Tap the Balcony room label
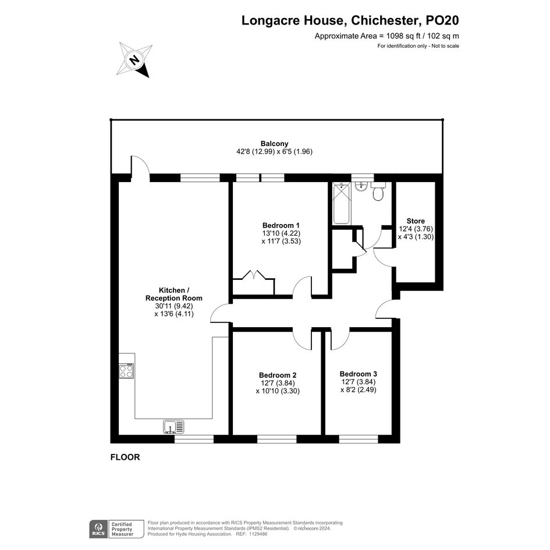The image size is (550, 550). (274, 143)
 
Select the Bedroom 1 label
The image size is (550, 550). (281, 225)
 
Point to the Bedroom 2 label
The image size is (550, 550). (278, 375)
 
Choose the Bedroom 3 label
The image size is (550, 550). (358, 374)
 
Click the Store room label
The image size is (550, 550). (416, 221)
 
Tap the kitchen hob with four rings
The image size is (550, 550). (126, 371)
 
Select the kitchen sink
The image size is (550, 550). (173, 427)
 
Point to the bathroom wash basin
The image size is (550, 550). (360, 186)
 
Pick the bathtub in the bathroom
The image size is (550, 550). (341, 203)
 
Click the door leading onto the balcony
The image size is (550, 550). (140, 165)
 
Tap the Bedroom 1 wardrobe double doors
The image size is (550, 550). (253, 274)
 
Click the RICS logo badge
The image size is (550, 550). (99, 529)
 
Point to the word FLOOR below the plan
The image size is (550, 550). (125, 457)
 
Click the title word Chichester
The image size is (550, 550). (385, 20)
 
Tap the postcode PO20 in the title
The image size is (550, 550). (442, 20)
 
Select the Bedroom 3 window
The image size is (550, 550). (359, 439)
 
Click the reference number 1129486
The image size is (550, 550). (257, 534)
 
